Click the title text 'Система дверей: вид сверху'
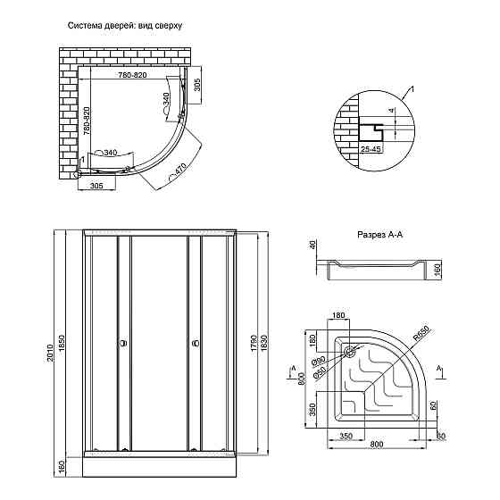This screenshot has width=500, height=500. (x=125, y=26)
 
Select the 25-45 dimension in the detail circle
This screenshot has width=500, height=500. (x=371, y=149)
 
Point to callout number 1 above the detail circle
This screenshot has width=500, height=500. (x=412, y=89)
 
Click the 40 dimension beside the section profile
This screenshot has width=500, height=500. (x=313, y=245)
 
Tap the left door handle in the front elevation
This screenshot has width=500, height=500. (x=122, y=341)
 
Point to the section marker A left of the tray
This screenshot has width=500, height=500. (x=293, y=367)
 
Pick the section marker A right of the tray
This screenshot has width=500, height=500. (x=440, y=367)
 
